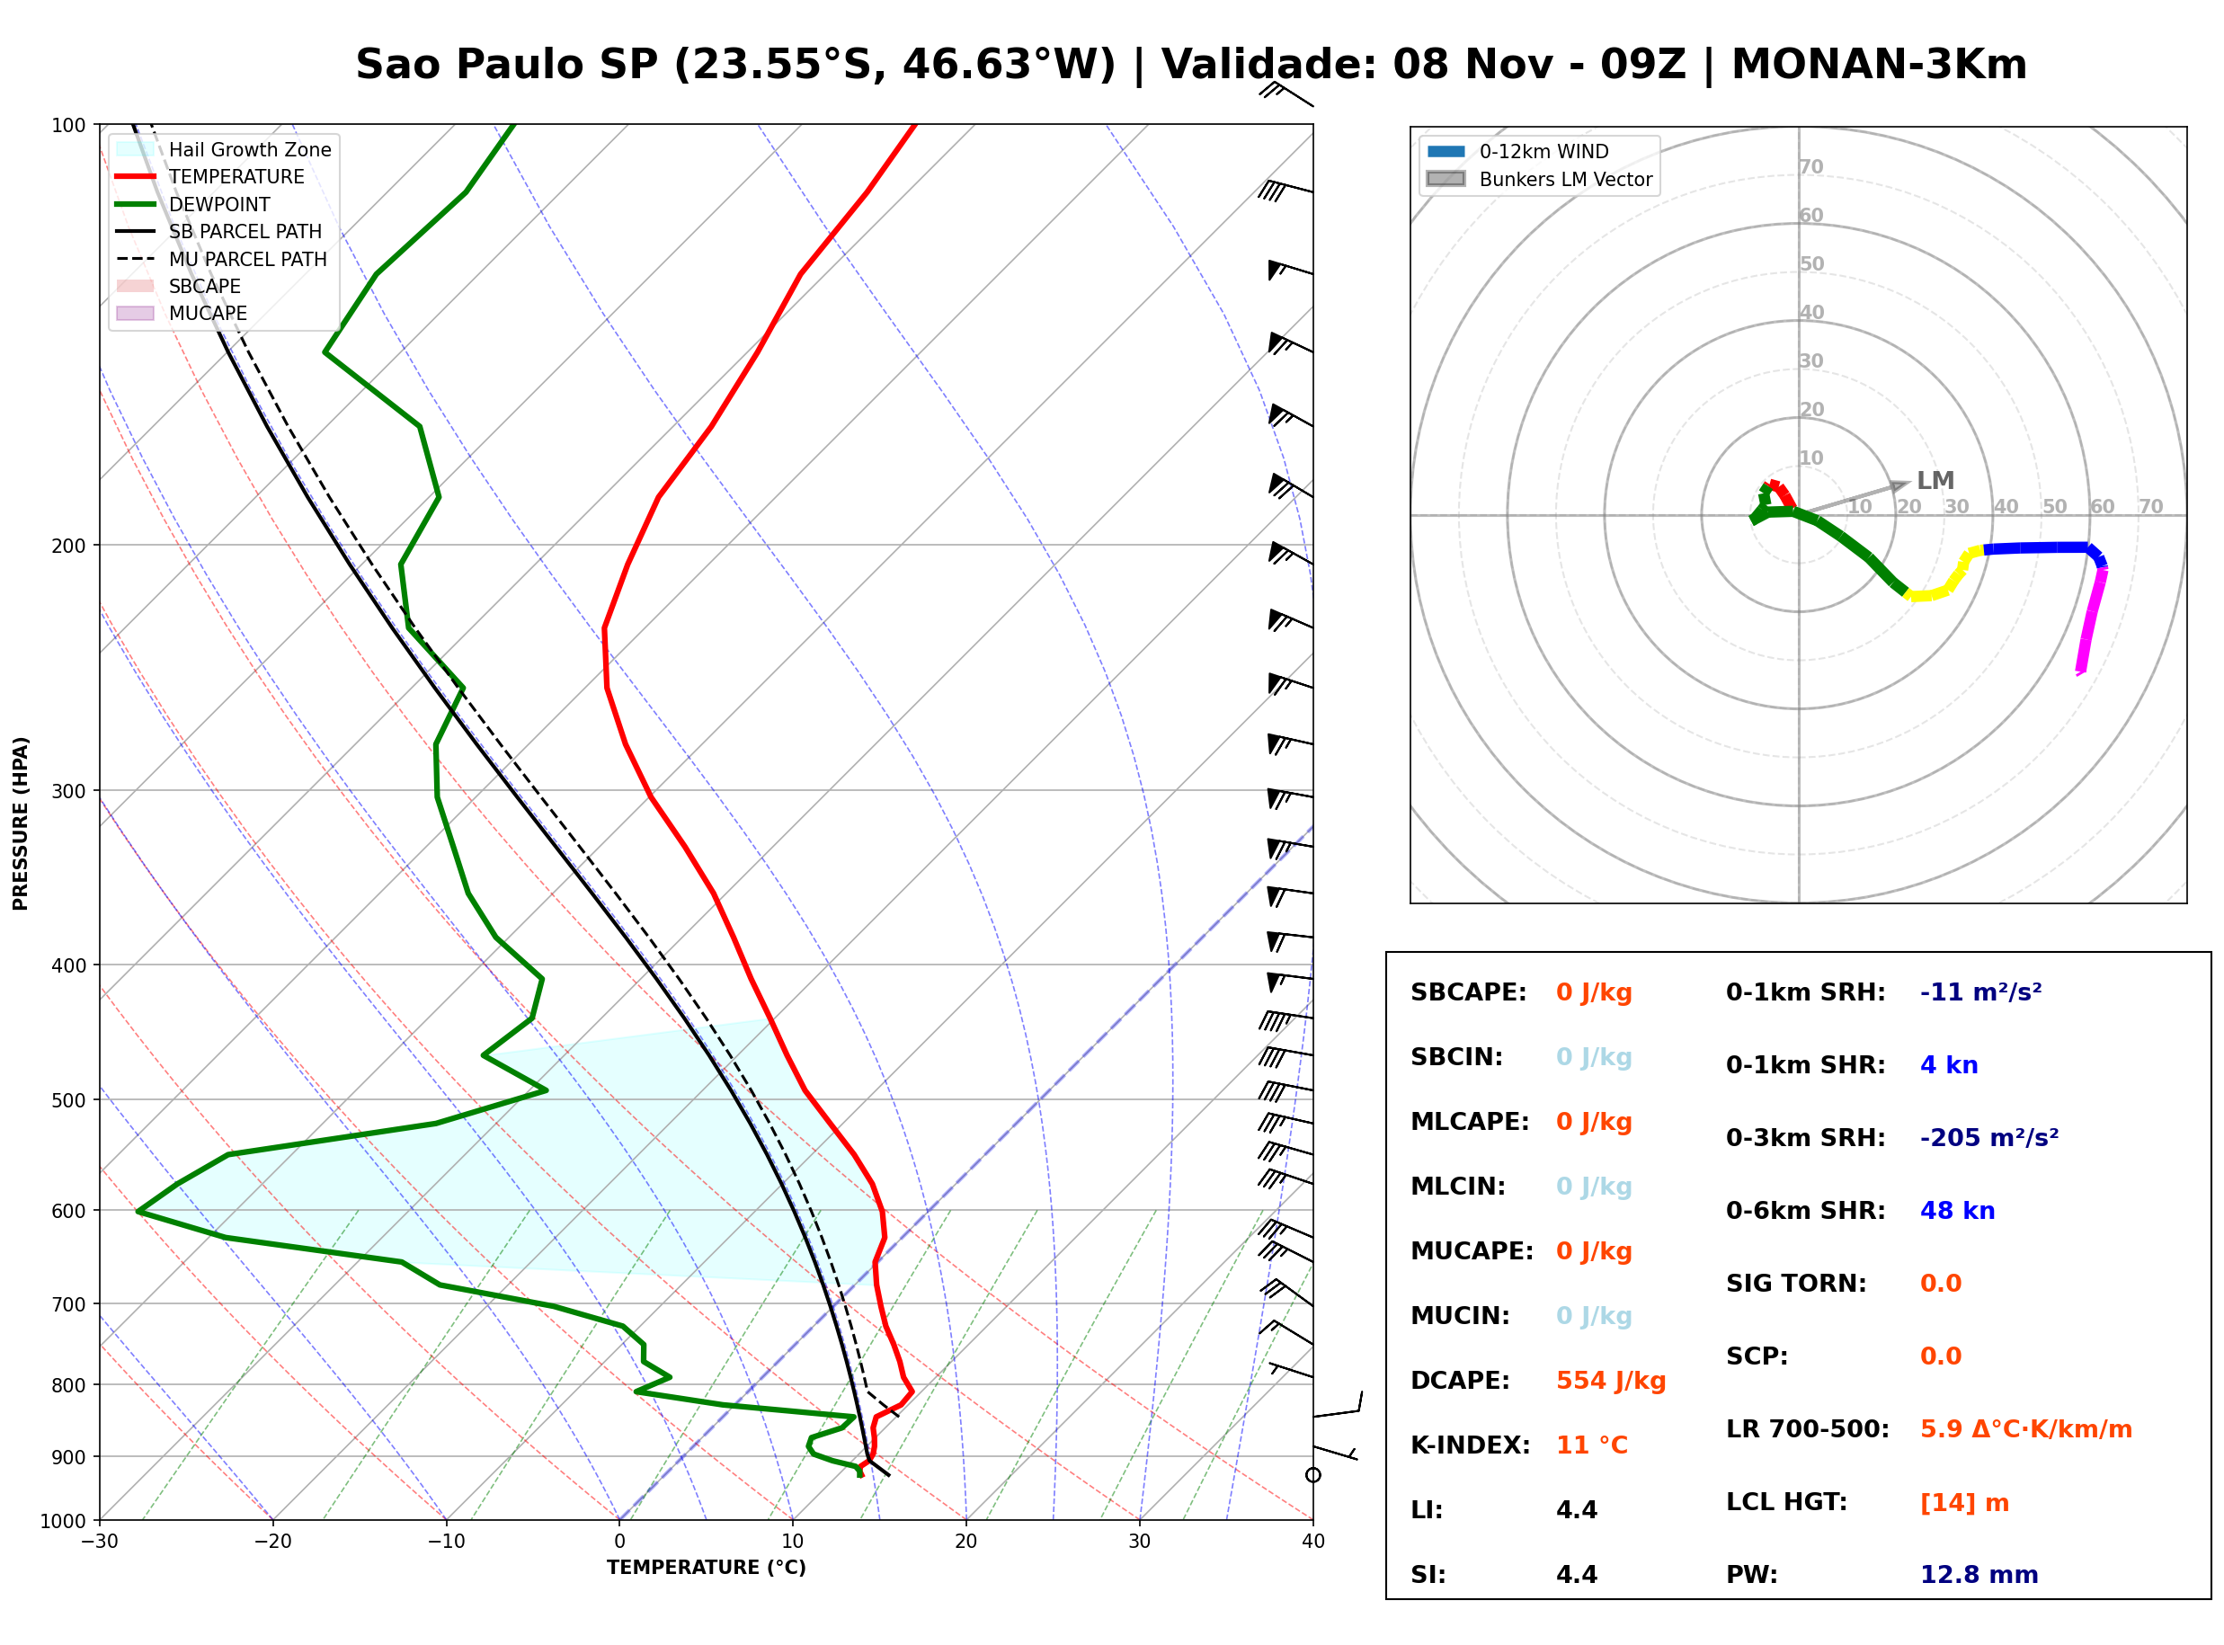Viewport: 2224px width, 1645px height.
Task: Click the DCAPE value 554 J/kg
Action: pyautogui.click(x=1611, y=1381)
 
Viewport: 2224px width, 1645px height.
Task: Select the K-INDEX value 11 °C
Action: pyautogui.click(x=1592, y=1445)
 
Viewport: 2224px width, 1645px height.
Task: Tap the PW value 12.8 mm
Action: pyautogui.click(x=1979, y=1575)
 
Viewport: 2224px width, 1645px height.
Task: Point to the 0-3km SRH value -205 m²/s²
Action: pyautogui.click(x=1989, y=1137)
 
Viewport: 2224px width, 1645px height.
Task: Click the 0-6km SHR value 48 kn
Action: pyautogui.click(x=1957, y=1211)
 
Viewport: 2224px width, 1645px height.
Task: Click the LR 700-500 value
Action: pyautogui.click(x=2026, y=1430)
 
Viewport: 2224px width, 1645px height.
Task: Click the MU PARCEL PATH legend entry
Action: pyautogui.click(x=221, y=259)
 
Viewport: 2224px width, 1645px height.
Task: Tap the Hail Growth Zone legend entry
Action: pyautogui.click(x=223, y=149)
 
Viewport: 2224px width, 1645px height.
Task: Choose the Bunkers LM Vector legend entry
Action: pyautogui.click(x=1539, y=179)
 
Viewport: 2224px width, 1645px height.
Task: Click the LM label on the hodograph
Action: pyautogui.click(x=1935, y=481)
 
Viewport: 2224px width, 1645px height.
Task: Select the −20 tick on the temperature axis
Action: pyautogui.click(x=271, y=1542)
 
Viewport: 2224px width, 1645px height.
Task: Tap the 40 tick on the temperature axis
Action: pyautogui.click(x=1312, y=1542)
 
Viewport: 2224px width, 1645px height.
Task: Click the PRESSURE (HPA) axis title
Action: pyautogui.click(x=21, y=823)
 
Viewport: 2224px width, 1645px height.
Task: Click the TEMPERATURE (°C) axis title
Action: pyautogui.click(x=706, y=1568)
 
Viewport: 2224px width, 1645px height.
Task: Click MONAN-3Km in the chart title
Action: pyautogui.click(x=1879, y=65)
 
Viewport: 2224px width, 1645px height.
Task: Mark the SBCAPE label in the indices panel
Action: pyautogui.click(x=1468, y=992)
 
